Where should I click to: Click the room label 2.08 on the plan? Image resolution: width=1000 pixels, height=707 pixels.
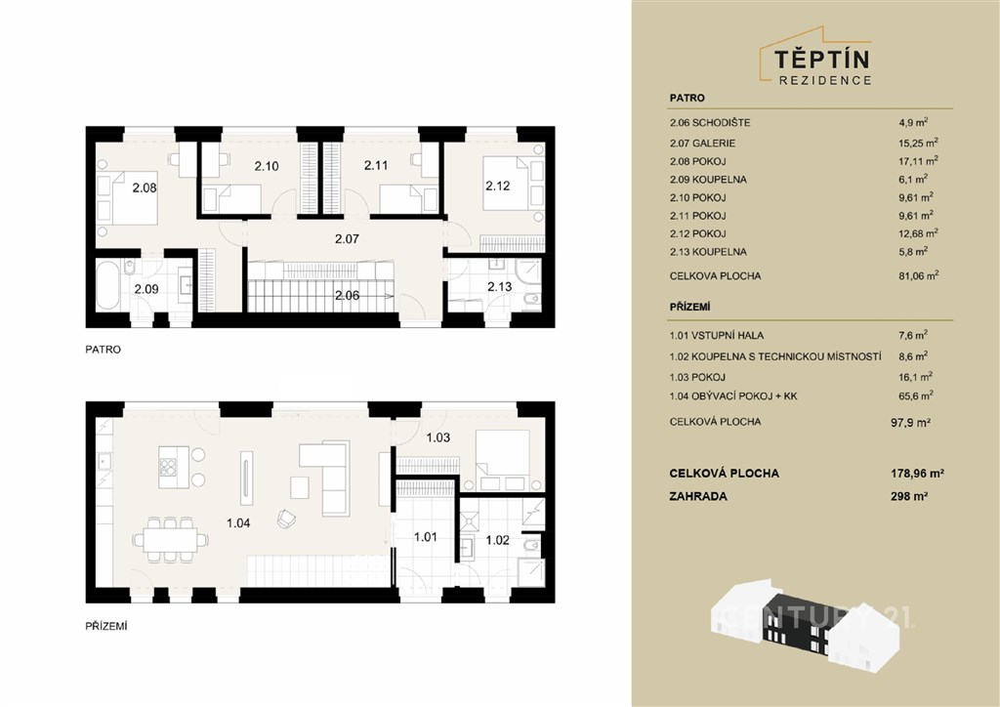pyautogui.click(x=145, y=188)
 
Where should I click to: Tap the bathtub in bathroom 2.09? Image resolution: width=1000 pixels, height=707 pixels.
pyautogui.click(x=107, y=285)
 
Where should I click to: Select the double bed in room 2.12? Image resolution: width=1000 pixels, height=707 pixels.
pyautogui.click(x=505, y=183)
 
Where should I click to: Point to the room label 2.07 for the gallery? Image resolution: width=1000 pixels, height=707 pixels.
pyautogui.click(x=347, y=239)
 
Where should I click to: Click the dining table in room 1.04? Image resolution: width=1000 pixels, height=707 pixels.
pyautogui.click(x=170, y=540)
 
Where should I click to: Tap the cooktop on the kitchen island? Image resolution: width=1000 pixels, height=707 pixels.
pyautogui.click(x=168, y=468)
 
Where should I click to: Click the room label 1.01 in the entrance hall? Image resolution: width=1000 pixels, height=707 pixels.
pyautogui.click(x=426, y=537)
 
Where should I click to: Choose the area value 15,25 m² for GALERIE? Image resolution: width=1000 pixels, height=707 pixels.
pyautogui.click(x=918, y=143)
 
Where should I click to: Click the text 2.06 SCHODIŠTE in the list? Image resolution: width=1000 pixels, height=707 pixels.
pyautogui.click(x=710, y=122)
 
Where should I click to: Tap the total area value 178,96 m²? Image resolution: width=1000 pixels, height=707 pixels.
pyautogui.click(x=917, y=473)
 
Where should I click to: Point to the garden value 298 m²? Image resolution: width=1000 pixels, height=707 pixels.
pyautogui.click(x=909, y=496)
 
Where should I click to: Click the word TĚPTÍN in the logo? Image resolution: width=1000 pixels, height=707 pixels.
pyautogui.click(x=822, y=60)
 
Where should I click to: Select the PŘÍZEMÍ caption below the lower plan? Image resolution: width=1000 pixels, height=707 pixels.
pyautogui.click(x=106, y=626)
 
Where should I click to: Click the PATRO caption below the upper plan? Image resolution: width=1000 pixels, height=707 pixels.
pyautogui.click(x=103, y=350)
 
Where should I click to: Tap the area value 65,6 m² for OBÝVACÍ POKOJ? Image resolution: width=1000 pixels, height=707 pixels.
pyautogui.click(x=916, y=395)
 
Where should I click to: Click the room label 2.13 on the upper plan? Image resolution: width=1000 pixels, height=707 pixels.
pyautogui.click(x=499, y=287)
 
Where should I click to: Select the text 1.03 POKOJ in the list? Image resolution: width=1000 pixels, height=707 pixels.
pyautogui.click(x=697, y=377)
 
